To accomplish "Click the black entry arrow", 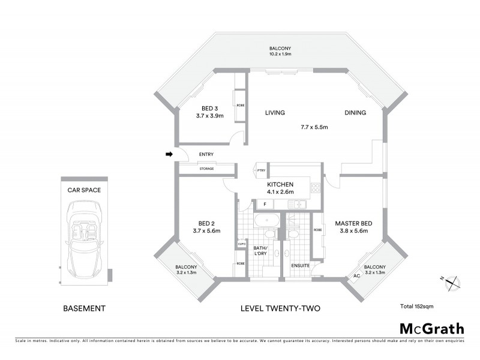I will pyautogui.click(x=169, y=155).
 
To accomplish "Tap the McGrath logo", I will pyautogui.click(x=431, y=328).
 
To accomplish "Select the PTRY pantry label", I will pyautogui.click(x=260, y=170).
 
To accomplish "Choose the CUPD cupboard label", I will pyautogui.click(x=241, y=244).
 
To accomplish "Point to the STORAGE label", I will pyautogui.click(x=210, y=169).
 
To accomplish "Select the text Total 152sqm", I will pyautogui.click(x=416, y=307).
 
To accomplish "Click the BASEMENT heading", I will pyautogui.click(x=84, y=308).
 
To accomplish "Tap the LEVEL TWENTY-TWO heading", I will pyautogui.click(x=280, y=308).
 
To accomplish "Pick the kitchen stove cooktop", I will pyautogui.click(x=314, y=188).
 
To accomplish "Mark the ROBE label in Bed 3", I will pyautogui.click(x=241, y=105).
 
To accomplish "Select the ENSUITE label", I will pyautogui.click(x=299, y=265).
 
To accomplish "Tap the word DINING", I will pyautogui.click(x=355, y=113).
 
